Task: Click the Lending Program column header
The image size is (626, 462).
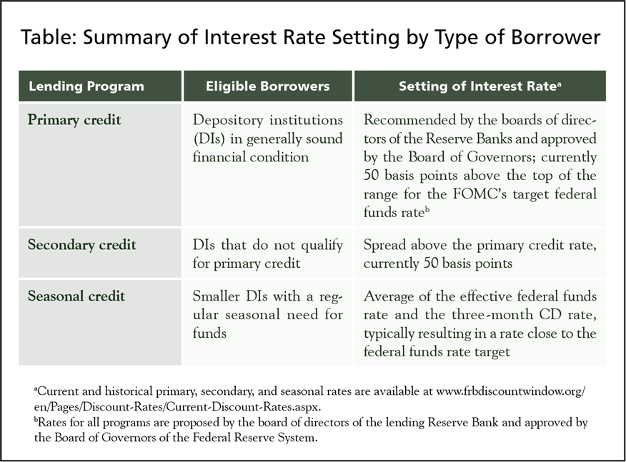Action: pos(86,87)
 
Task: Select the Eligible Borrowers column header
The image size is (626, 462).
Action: pos(267,87)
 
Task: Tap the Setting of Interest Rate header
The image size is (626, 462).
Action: pos(479,87)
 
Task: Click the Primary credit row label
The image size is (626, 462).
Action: pos(74,120)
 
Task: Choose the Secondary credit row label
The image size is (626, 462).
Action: pos(81,246)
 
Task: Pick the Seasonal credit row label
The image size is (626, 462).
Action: pos(76,296)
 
